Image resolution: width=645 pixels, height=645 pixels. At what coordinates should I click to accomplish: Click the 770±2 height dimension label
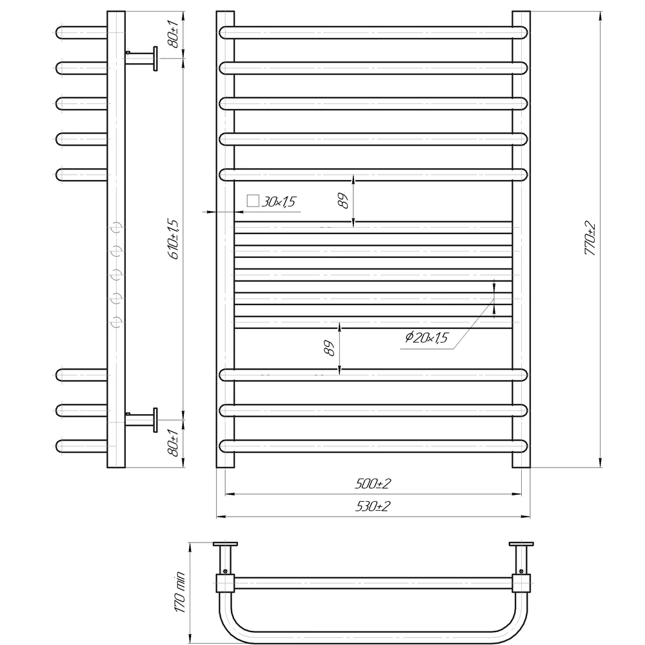[x=590, y=238]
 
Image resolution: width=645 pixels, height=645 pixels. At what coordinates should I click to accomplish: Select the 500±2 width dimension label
[x=373, y=484]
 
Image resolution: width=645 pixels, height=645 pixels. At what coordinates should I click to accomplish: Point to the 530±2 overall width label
[x=373, y=506]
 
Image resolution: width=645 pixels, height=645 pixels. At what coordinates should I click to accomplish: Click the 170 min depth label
[x=180, y=592]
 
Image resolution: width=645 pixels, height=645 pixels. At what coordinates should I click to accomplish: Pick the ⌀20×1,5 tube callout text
[x=426, y=338]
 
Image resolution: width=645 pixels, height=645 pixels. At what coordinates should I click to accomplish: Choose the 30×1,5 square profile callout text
[x=279, y=201]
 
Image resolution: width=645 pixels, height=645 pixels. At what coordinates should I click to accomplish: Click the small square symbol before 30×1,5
[x=253, y=201]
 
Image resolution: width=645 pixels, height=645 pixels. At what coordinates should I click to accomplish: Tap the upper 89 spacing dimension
[x=342, y=201]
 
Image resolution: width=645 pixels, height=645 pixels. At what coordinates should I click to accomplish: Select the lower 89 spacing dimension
[x=329, y=348]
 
